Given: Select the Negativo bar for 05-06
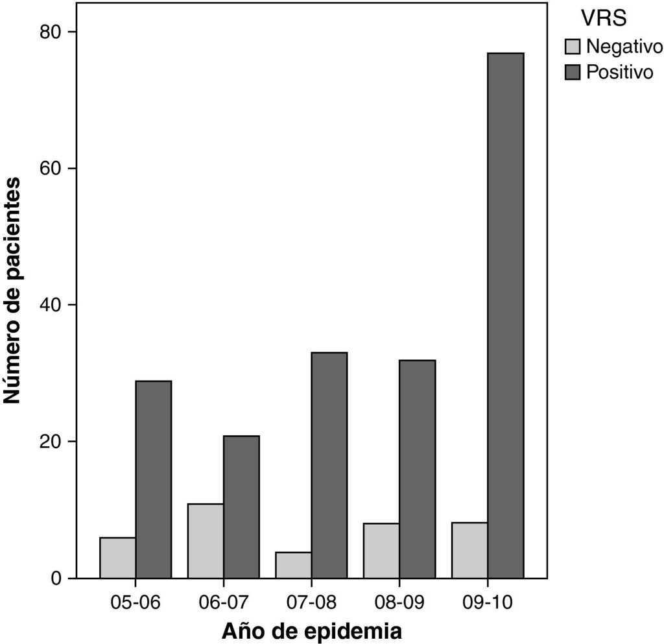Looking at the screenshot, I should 117,558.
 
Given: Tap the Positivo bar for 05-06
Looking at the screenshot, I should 153,479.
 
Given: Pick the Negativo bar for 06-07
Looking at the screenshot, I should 206,541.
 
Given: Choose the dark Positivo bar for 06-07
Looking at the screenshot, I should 241,507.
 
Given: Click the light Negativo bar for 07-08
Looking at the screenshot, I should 293,565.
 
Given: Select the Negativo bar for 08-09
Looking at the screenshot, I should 381,551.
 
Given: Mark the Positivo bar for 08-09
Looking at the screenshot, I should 417,469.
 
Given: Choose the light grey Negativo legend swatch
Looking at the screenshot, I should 573,47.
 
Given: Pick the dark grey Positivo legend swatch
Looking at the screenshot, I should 573,72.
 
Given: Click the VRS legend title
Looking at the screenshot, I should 603,19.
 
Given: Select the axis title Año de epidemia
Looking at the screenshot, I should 311,630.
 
